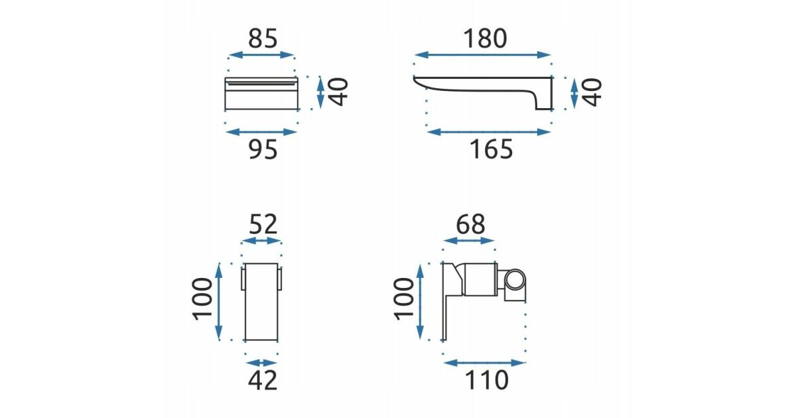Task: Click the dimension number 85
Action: click(263, 38)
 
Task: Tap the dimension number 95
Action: click(263, 149)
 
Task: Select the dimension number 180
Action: click(486, 38)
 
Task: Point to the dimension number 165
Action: click(491, 149)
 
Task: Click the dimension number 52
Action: click(263, 224)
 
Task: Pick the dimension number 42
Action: click(263, 381)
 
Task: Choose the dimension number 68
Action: click(470, 224)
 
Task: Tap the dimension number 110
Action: click(486, 380)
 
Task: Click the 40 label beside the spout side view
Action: click(592, 92)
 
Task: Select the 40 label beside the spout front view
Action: click(338, 92)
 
